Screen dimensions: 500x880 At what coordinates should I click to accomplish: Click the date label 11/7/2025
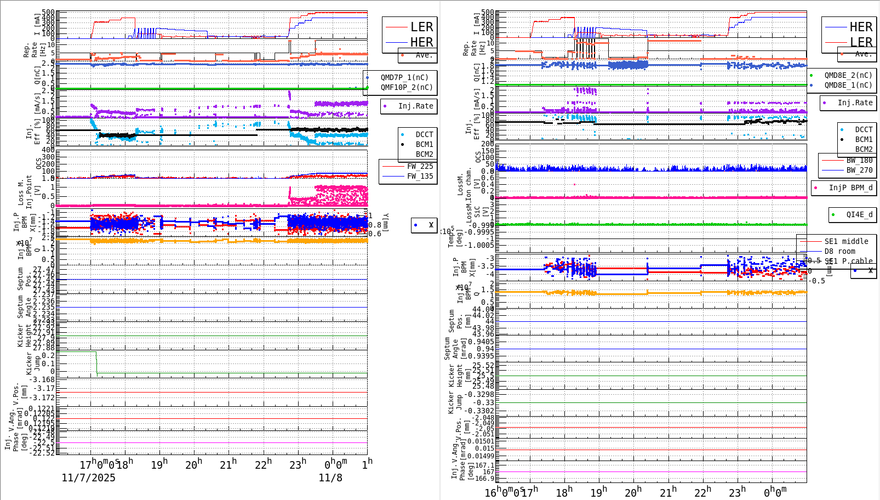coord(88,478)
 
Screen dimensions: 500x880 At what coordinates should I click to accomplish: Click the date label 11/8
coord(330,478)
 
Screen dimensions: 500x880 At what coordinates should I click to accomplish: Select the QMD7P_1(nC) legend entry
coord(404,77)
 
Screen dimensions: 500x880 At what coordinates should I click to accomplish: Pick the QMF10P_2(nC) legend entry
coord(407,87)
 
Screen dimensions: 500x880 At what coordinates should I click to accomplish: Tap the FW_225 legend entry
coord(420,166)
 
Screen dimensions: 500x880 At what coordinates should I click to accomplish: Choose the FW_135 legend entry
coord(420,176)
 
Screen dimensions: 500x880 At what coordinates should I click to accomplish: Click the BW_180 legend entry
coord(859,160)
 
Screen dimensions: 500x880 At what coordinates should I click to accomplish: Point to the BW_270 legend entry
coord(859,170)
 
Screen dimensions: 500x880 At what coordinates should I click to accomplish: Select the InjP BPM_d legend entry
coord(850,187)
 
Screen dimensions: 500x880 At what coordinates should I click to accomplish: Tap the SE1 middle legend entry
coord(846,241)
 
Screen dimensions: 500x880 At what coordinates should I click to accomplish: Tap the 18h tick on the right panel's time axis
coord(564,492)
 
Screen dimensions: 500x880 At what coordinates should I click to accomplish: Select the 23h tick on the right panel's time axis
coord(736,492)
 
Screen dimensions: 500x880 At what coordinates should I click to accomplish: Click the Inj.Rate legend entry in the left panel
coord(415,106)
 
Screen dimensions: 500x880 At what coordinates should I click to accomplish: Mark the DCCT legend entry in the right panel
coord(864,130)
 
